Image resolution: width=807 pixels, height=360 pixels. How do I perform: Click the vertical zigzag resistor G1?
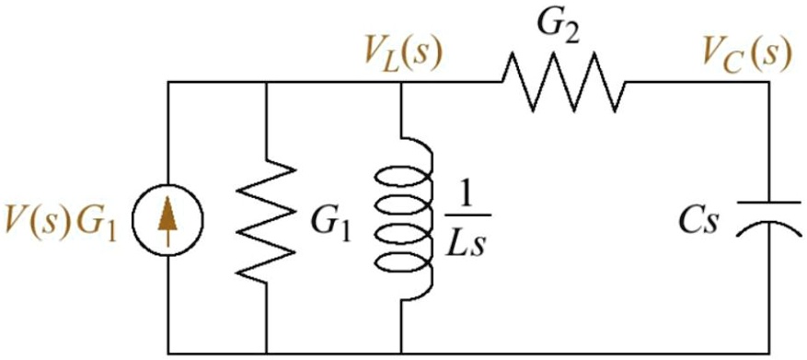[x=266, y=221]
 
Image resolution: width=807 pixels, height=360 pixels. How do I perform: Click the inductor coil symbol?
[x=402, y=221]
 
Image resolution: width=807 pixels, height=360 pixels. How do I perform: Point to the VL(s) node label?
[x=402, y=53]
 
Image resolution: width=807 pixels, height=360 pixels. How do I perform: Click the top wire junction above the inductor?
[x=402, y=82]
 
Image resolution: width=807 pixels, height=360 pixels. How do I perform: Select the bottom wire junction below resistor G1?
[x=266, y=353]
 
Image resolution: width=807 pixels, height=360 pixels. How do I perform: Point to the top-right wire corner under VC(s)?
[x=769, y=82]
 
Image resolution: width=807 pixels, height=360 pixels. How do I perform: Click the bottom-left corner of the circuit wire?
[x=167, y=353]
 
